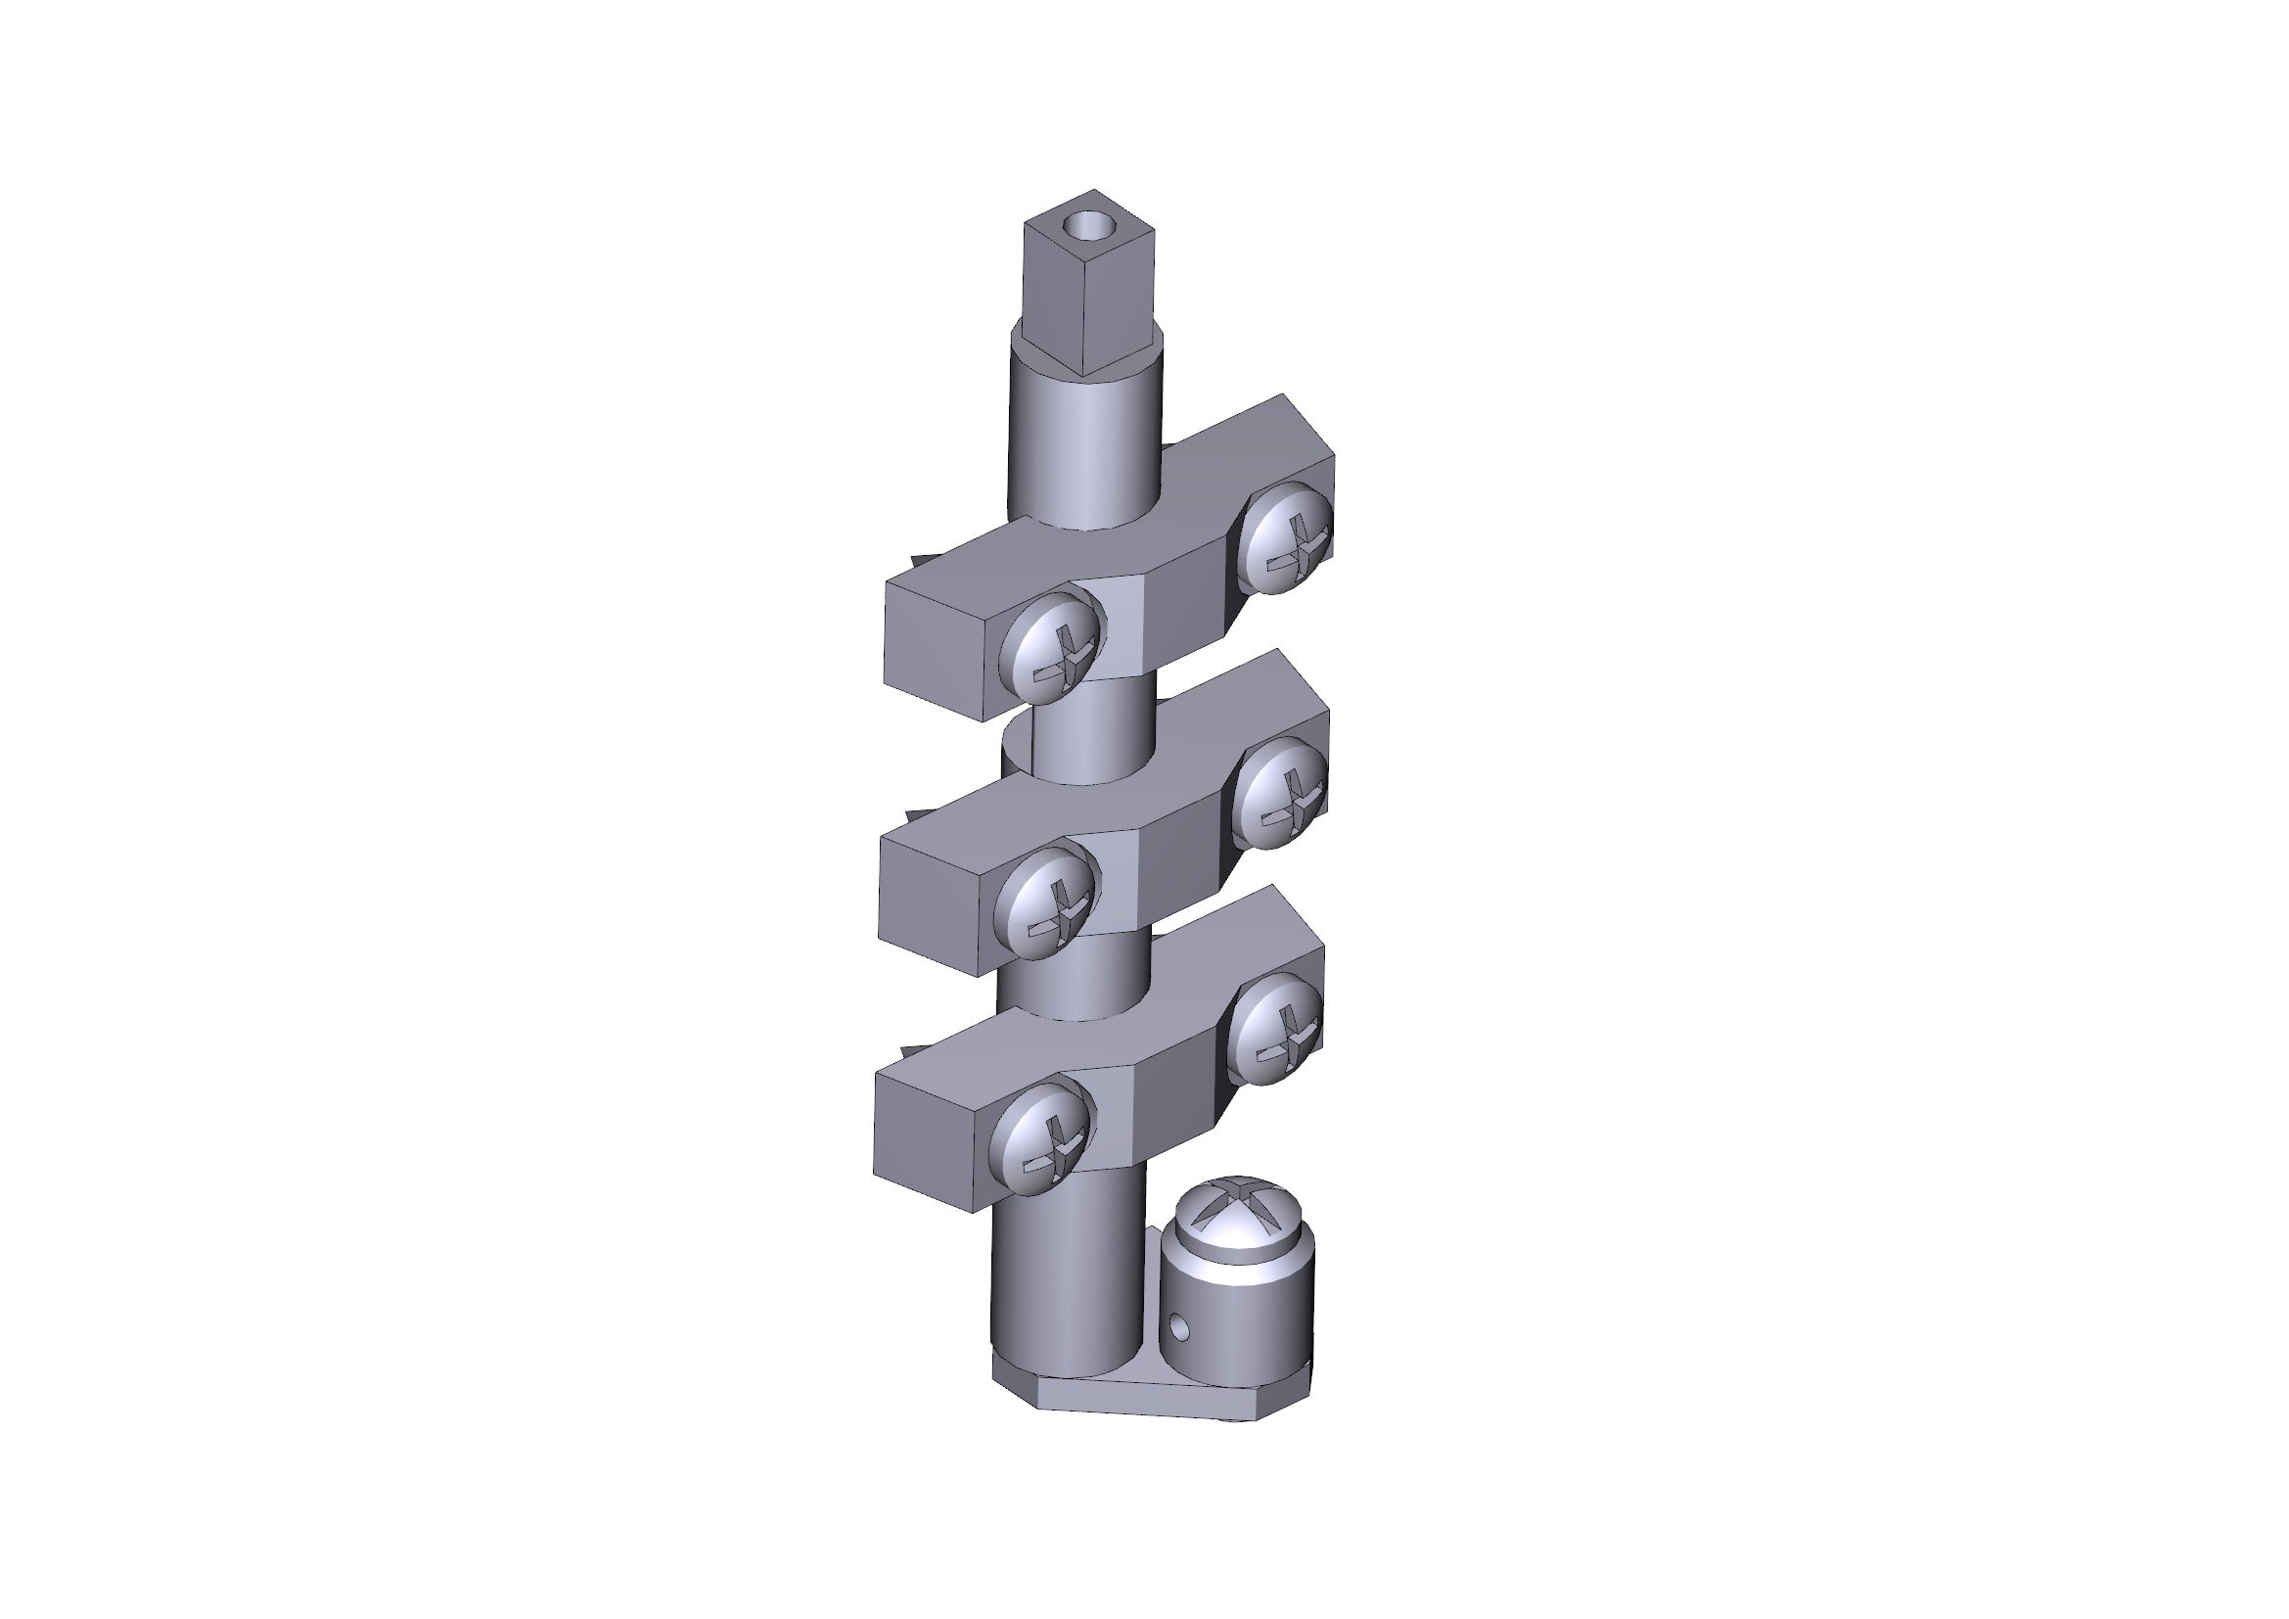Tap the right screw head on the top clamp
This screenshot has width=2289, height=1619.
tap(1287, 538)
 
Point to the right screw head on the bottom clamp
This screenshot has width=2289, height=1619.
tap(1275, 1028)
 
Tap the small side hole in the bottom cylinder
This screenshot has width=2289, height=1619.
tap(1179, 1327)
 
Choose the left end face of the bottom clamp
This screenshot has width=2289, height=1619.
tap(925, 1139)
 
